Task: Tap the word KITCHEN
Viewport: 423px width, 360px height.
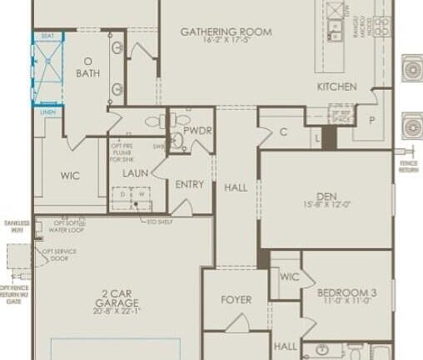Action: [336, 87]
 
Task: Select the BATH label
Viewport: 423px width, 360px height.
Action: [87, 73]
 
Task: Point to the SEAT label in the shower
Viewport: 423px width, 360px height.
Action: [47, 36]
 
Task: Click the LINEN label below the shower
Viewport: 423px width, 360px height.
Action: [47, 111]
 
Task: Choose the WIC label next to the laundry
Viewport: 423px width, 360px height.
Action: [70, 176]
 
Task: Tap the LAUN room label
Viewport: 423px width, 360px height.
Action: [134, 173]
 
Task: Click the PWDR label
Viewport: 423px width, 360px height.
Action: [198, 131]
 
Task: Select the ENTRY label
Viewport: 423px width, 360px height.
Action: [190, 185]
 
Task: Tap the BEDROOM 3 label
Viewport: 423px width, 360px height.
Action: [347, 293]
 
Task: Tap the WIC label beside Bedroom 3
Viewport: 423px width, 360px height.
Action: [290, 277]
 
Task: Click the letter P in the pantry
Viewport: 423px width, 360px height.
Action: [371, 120]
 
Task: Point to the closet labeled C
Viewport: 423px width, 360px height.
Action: [283, 131]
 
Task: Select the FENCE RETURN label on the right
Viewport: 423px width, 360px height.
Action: [409, 167]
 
